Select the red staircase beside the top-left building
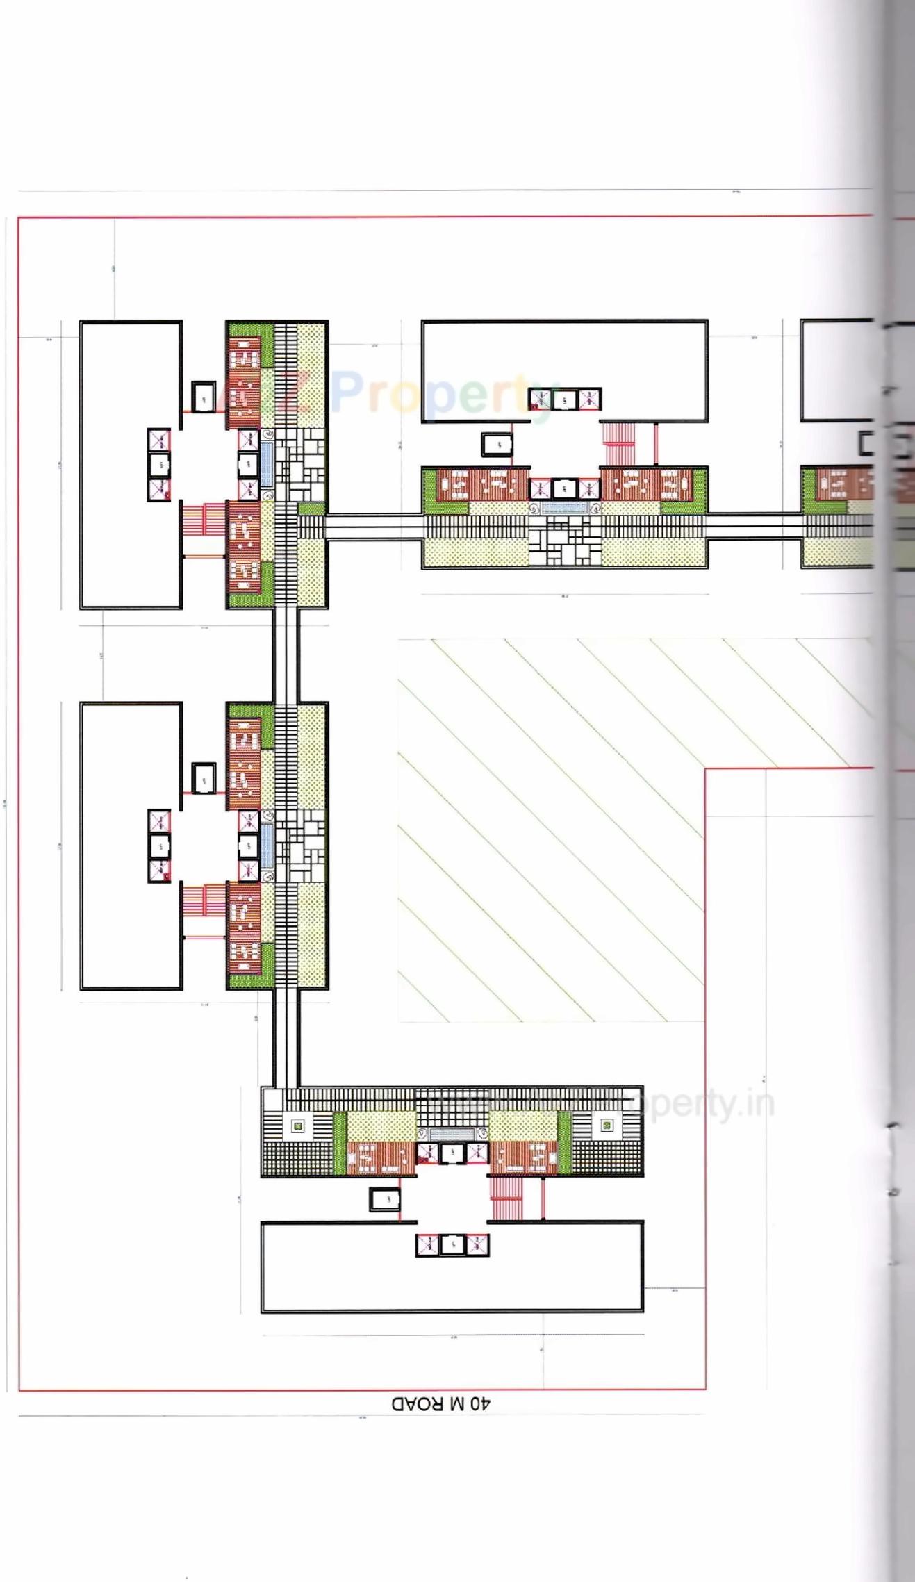pos(203,519)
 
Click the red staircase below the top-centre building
pos(618,445)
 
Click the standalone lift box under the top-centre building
pos(497,444)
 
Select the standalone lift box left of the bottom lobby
pos(384,1199)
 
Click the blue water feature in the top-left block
pos(267,464)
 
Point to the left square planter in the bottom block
pos(298,1126)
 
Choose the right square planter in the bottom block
pos(607,1126)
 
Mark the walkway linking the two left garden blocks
pos(286,655)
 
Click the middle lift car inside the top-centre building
pos(565,399)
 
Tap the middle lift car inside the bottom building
pos(452,1245)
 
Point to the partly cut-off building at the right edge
pos(837,370)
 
